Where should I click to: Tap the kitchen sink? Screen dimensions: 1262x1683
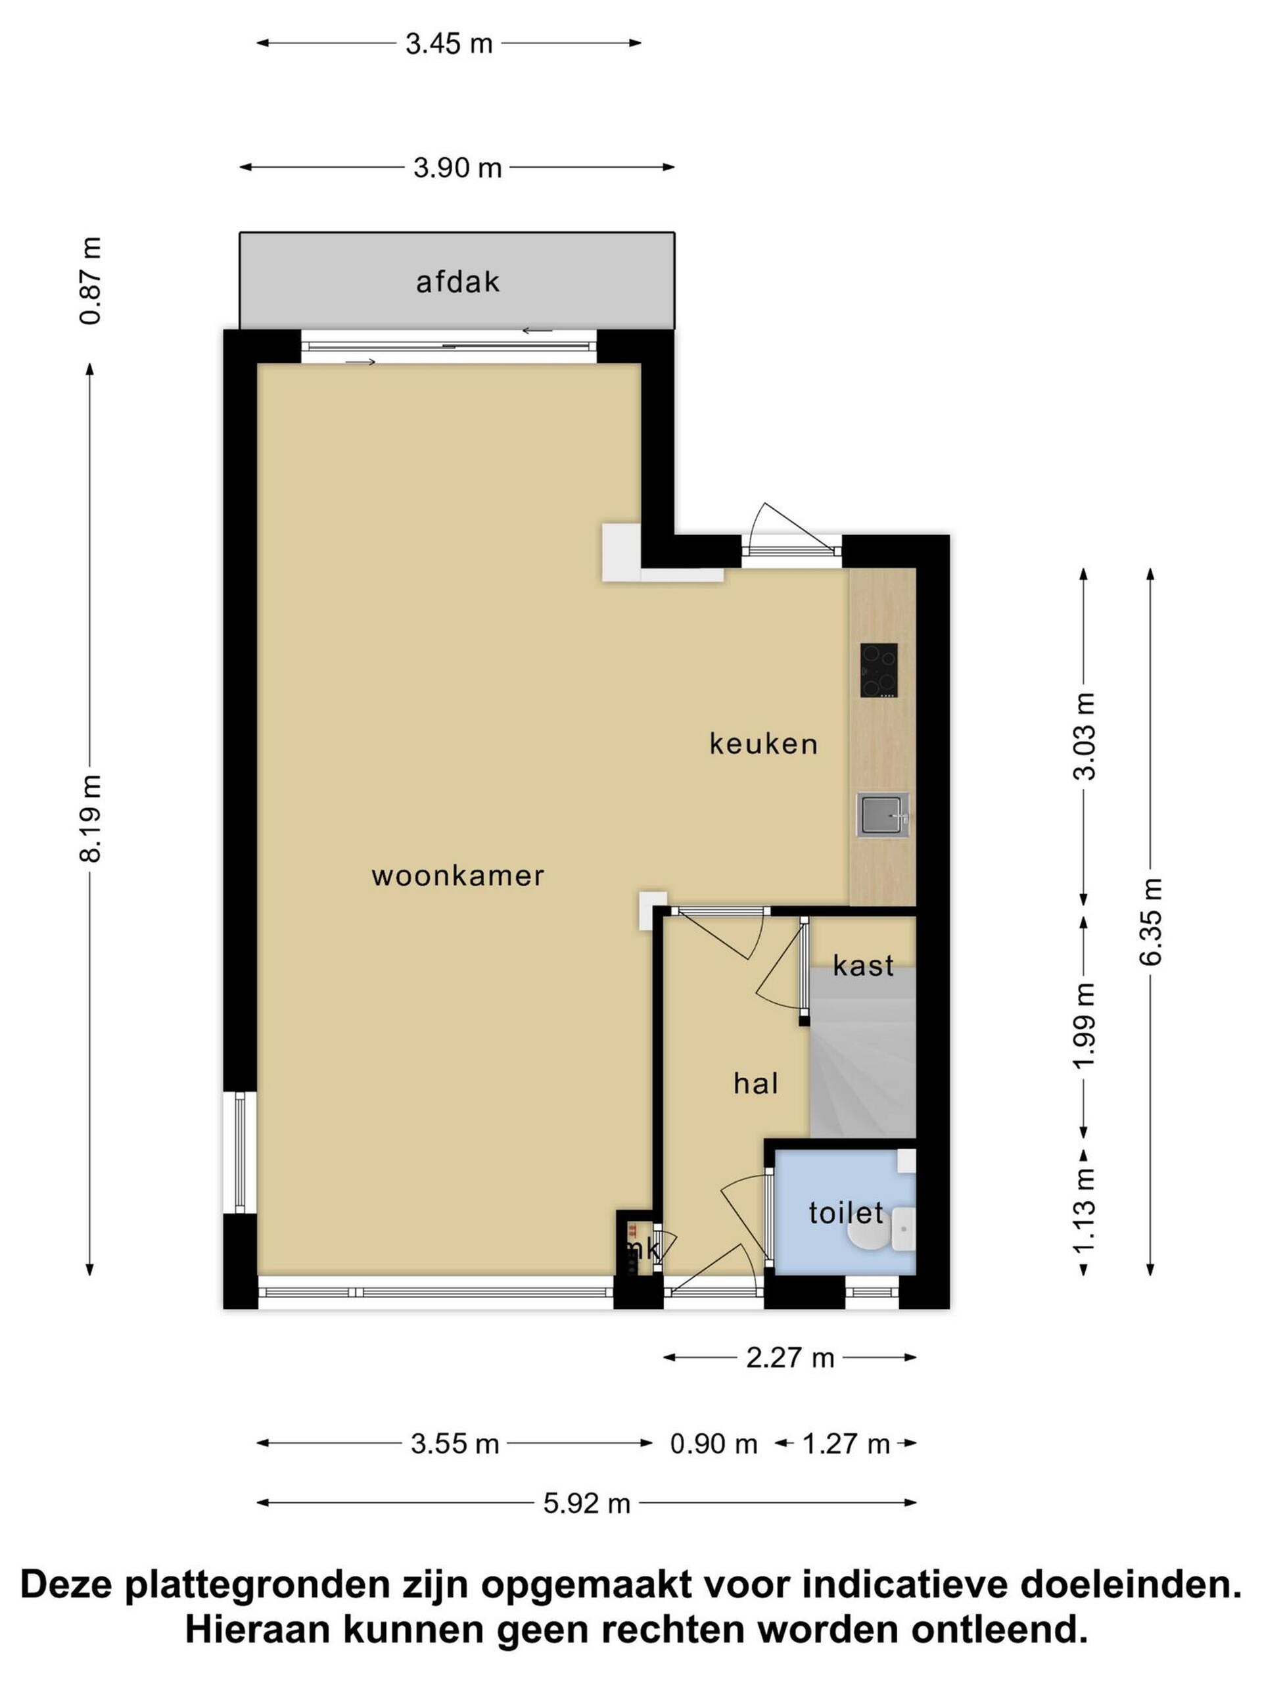[x=882, y=815]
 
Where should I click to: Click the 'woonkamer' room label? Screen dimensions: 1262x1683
[x=457, y=876]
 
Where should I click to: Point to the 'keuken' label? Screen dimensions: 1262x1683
[x=763, y=744]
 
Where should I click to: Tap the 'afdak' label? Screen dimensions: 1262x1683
[x=457, y=282]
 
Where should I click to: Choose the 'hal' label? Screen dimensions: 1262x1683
[x=755, y=1083]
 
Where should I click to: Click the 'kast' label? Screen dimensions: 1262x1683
[x=862, y=966]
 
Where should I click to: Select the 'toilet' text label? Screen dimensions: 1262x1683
[x=846, y=1213]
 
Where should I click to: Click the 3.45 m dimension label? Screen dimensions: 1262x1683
[x=449, y=43]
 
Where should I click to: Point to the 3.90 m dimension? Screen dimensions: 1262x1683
[x=457, y=168]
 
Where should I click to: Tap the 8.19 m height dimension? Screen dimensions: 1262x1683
[x=90, y=818]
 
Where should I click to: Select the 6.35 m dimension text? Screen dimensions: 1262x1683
[x=1150, y=922]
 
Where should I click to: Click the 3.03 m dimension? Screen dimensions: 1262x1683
[x=1084, y=736]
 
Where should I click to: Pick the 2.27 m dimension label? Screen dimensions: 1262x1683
[x=789, y=1358]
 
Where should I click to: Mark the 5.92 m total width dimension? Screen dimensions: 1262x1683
[x=586, y=1504]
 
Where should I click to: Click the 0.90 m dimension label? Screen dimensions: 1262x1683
[x=714, y=1443]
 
